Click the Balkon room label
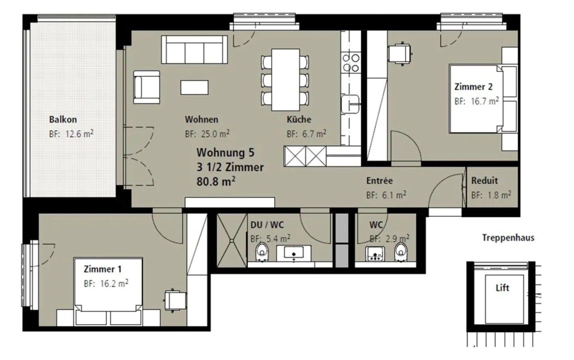pyautogui.click(x=63, y=120)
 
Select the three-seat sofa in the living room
pyautogui.click(x=194, y=49)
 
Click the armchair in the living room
pyautogui.click(x=147, y=87)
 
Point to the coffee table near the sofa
pyautogui.click(x=194, y=87)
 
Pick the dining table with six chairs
pyautogui.click(x=285, y=80)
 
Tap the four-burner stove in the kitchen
pyautogui.click(x=350, y=63)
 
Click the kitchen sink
pyautogui.click(x=350, y=104)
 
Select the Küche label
pyautogui.click(x=299, y=120)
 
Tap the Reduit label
pyautogui.click(x=484, y=181)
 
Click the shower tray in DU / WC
pyautogui.click(x=232, y=240)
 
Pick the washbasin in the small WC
pyautogui.click(x=375, y=254)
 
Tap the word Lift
pyautogui.click(x=502, y=288)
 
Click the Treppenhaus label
pyautogui.click(x=508, y=238)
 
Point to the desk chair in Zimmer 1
pyautogui.click(x=175, y=300)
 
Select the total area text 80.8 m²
pyautogui.click(x=216, y=181)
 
